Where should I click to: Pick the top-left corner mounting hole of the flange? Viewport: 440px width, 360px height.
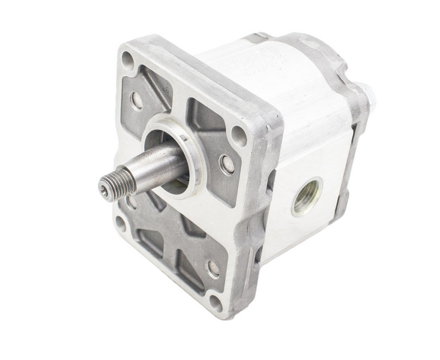(x=128, y=60)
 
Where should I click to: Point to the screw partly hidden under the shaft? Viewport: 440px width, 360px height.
(x=131, y=203)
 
